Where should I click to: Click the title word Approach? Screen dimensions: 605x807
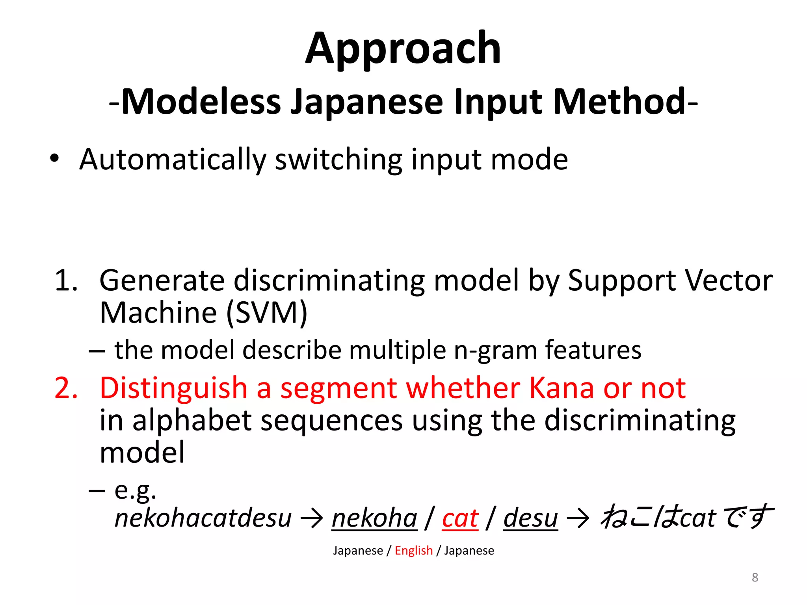point(403,49)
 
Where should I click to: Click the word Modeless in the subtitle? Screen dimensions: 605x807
point(201,102)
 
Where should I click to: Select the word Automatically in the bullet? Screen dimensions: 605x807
point(173,160)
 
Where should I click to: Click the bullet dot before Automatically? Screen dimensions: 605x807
point(54,159)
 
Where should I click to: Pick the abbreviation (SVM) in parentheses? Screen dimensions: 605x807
point(267,313)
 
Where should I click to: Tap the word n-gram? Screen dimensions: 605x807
point(495,350)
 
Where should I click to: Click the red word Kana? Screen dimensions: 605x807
point(561,388)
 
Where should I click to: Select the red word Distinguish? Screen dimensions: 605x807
point(173,388)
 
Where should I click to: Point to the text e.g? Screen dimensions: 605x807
point(135,491)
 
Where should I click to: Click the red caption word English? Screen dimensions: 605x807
point(414,550)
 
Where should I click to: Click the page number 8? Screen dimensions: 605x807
point(755,577)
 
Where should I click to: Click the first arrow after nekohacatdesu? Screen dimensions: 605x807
point(312,518)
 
